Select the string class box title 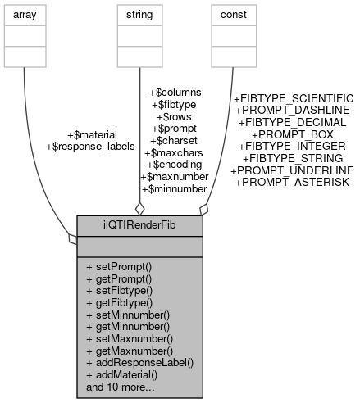(140, 14)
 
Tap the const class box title (230, 14)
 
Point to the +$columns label (173, 93)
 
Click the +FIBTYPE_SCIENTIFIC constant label (294, 97)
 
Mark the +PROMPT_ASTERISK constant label (292, 181)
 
